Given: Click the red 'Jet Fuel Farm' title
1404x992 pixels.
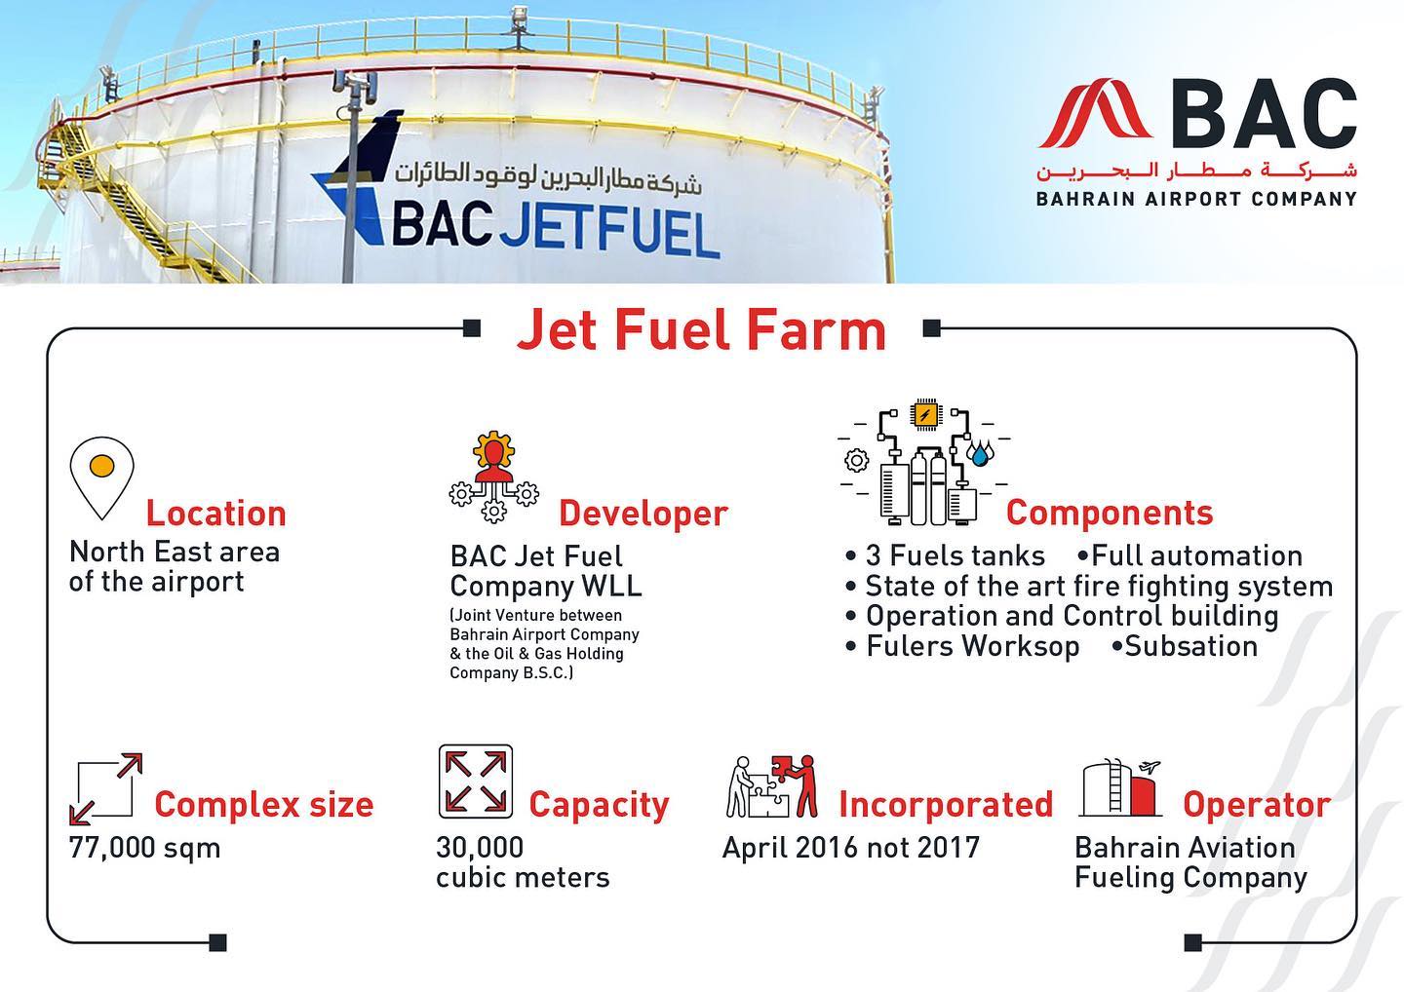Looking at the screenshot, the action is [x=701, y=329].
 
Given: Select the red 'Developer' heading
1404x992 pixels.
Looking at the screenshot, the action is [x=643, y=515].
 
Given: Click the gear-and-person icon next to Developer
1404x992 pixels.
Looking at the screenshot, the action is [x=494, y=477].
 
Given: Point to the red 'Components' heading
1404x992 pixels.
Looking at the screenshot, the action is [x=1110, y=513].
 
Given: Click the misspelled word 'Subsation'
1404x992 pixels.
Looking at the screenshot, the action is [x=1190, y=646].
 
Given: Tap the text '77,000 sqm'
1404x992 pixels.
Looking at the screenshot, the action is [x=144, y=848].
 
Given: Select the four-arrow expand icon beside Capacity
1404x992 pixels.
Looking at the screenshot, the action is [x=476, y=782].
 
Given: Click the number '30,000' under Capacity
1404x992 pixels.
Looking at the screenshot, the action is [x=480, y=848].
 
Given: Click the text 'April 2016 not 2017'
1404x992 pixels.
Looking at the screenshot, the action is [x=850, y=848].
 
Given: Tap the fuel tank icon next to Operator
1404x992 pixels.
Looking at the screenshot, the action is [x=1120, y=787].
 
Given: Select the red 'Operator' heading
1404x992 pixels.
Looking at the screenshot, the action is [x=1257, y=805].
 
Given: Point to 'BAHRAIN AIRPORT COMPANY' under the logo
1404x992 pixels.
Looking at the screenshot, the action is [x=1196, y=199].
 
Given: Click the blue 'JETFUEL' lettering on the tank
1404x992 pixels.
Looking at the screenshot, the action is [x=610, y=232].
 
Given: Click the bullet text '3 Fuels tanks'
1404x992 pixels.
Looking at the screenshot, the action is [x=955, y=555].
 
